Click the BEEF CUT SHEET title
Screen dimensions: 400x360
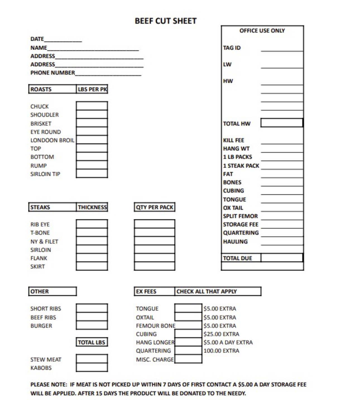coord(165,21)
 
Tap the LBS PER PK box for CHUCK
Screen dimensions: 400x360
coord(92,106)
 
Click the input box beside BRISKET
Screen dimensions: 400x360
coord(92,123)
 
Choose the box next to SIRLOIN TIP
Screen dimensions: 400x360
coord(92,173)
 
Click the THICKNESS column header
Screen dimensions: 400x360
coord(92,207)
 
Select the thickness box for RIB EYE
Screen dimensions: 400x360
coord(92,224)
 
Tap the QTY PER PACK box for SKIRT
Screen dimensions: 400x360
coord(154,266)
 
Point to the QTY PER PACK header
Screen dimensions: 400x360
coord(154,207)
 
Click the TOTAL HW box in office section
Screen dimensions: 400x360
coord(282,123)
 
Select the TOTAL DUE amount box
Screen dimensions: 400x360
coord(282,258)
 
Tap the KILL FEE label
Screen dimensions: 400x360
coord(234,140)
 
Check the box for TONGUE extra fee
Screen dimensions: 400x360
coord(188,308)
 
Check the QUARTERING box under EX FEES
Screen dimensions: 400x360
coord(188,350)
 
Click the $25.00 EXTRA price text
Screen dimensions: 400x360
coord(221,334)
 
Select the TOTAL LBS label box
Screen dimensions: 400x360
coord(92,342)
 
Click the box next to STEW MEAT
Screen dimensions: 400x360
coord(92,359)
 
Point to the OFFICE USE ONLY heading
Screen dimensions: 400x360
coord(262,31)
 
